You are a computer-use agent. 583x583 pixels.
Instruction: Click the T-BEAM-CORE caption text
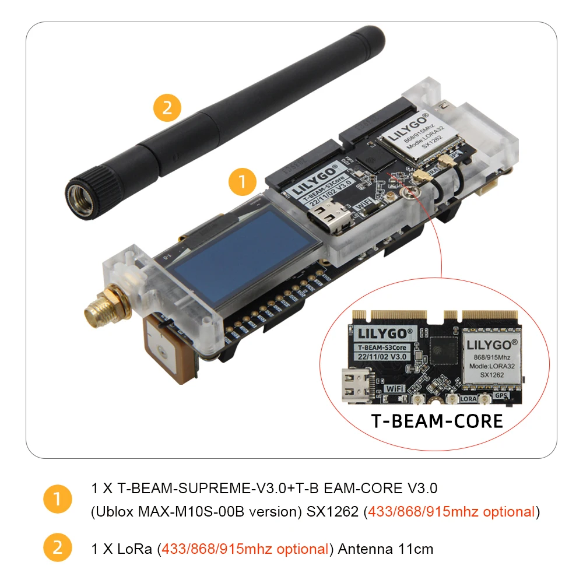click(x=437, y=421)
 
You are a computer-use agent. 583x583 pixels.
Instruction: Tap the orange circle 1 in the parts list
click(x=58, y=500)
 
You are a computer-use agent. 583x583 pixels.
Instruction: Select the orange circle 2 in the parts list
click(x=58, y=549)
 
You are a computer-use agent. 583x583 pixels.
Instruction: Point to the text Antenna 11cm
click(x=385, y=549)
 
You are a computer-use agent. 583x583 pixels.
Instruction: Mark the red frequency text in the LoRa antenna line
click(x=245, y=549)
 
